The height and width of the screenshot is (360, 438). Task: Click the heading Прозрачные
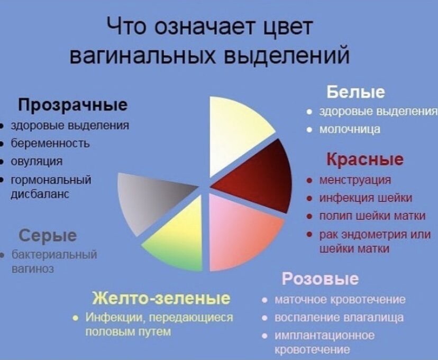[73, 105]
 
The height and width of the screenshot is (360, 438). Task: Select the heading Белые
[355, 92]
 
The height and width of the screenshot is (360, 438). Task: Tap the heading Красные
[365, 159]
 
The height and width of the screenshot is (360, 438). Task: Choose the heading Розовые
[321, 279]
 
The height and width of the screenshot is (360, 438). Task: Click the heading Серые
[48, 235]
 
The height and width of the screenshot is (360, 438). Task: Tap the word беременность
[50, 143]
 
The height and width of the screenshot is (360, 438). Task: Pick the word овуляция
[37, 161]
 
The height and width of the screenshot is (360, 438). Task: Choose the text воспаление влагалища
[339, 317]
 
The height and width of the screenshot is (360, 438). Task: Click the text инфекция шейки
[366, 198]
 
